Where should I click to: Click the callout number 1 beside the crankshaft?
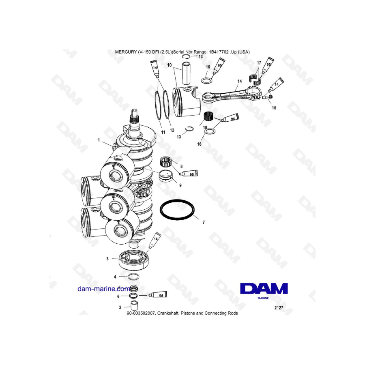99,140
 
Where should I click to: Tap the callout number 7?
204,223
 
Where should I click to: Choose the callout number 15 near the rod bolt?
274,108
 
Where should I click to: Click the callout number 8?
181,166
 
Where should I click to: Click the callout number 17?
258,62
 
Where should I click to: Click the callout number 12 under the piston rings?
172,130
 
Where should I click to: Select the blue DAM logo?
264,288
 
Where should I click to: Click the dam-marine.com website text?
104,289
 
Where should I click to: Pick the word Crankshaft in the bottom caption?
163,313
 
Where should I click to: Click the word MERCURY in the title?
126,52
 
